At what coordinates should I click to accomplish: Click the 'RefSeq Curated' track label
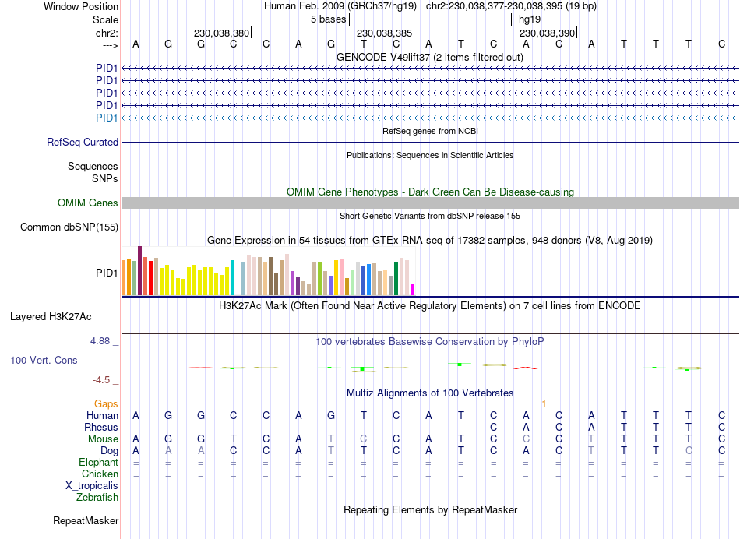coord(83,143)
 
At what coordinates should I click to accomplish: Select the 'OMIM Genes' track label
coord(88,203)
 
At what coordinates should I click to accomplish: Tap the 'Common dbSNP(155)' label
coord(69,227)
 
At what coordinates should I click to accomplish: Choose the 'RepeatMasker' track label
coord(86,520)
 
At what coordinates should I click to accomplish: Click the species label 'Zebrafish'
coord(97,497)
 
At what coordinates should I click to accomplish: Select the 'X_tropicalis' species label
coord(92,485)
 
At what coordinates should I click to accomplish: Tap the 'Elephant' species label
coord(99,462)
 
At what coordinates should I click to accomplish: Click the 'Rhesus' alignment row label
coord(101,427)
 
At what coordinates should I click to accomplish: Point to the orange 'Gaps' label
coord(107,403)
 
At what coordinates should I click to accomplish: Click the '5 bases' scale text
coord(328,19)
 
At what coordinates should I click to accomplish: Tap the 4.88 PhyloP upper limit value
coord(101,341)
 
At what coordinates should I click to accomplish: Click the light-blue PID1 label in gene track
coord(107,118)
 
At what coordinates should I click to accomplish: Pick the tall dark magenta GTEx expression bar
coord(139,270)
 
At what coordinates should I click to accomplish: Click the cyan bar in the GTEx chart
coord(233,277)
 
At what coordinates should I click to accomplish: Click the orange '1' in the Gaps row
coord(544,403)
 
